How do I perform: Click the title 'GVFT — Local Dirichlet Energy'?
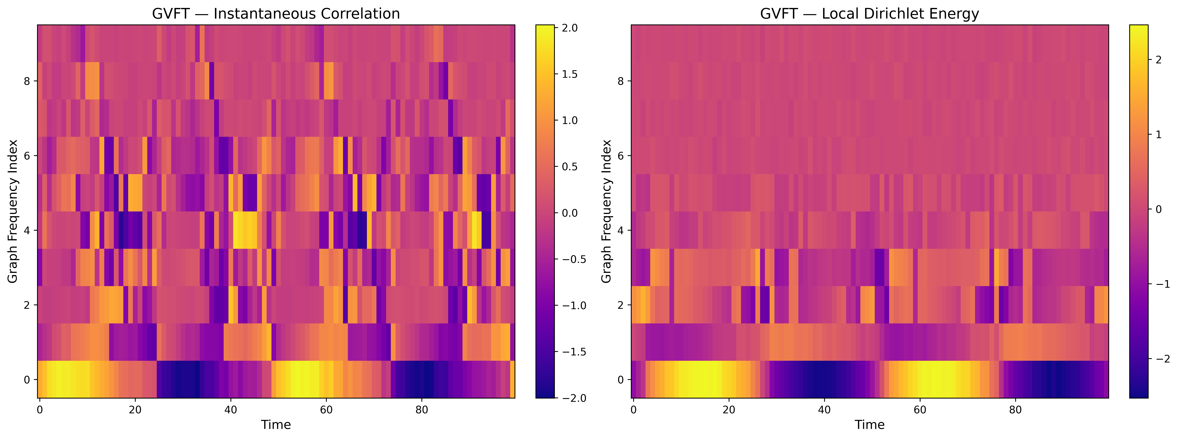(x=869, y=14)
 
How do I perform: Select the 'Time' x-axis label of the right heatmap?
(x=869, y=425)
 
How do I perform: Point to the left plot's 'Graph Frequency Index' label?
(x=13, y=211)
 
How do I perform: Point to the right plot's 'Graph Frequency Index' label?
(x=606, y=211)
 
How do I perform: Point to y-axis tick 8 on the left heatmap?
(x=27, y=81)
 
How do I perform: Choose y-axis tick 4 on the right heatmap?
(x=621, y=230)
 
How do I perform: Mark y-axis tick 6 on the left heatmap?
(x=27, y=156)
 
